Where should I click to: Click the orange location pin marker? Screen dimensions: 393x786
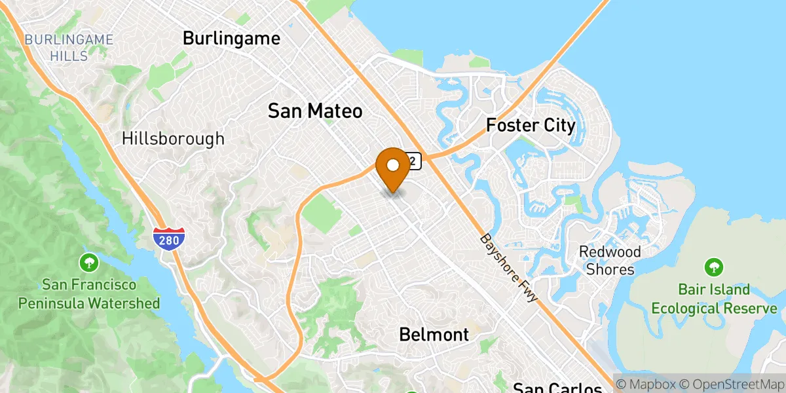[393, 168]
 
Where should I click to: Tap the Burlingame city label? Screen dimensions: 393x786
[231, 39]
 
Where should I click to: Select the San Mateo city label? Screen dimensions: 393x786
[315, 111]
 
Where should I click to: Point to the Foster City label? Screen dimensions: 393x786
[531, 125]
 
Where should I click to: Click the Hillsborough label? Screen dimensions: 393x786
[173, 139]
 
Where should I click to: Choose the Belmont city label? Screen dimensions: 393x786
[434, 335]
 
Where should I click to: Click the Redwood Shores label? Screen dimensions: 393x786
[610, 261]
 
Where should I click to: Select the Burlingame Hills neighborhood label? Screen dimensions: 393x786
[69, 48]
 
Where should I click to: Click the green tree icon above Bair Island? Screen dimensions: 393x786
[714, 267]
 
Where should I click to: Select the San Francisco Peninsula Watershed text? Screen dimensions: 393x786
[89, 294]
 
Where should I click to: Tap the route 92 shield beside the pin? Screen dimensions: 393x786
[413, 160]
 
